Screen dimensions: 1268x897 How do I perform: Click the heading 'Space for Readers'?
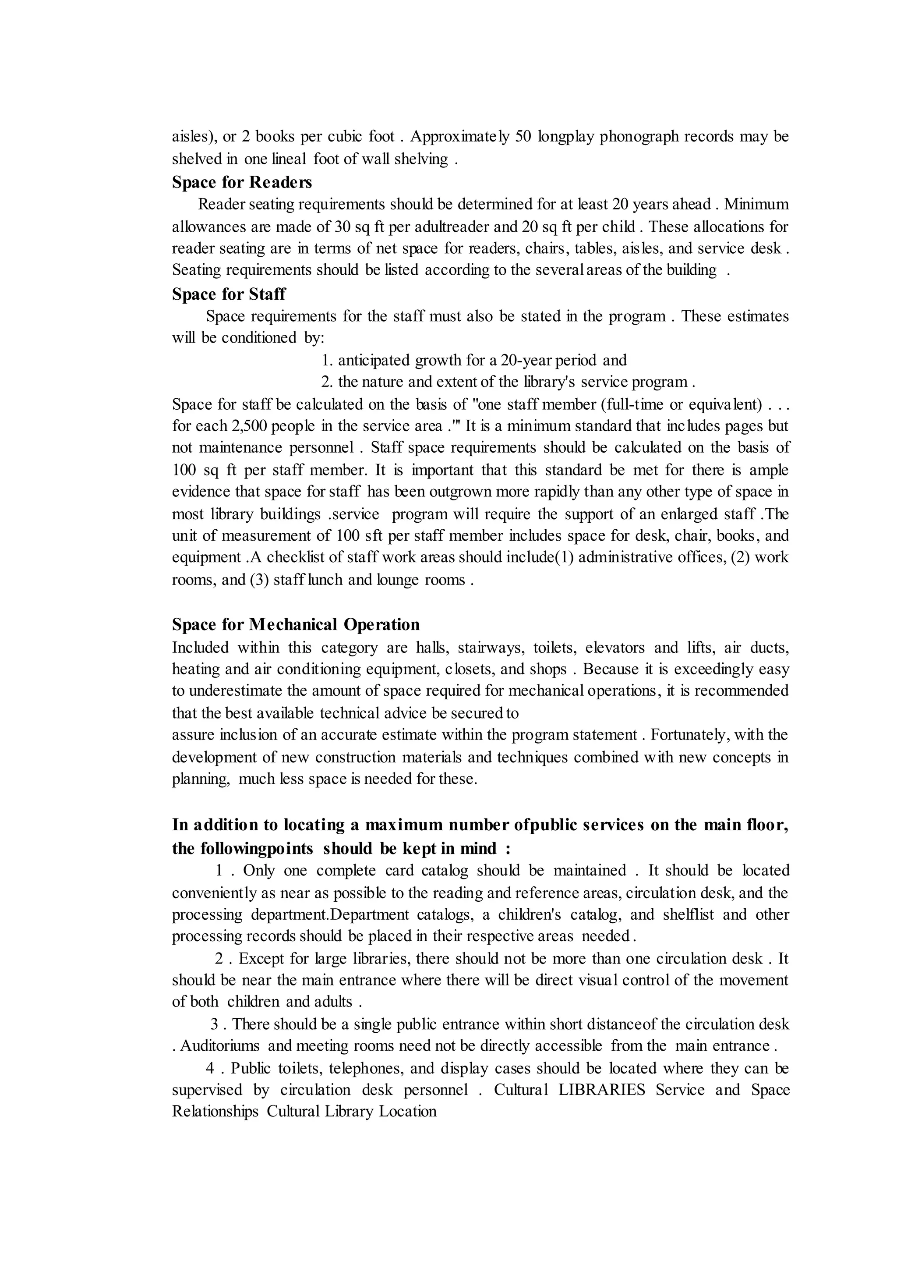241,182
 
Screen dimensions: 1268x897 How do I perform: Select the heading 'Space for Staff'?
229,294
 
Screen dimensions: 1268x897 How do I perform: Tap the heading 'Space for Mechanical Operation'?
296,624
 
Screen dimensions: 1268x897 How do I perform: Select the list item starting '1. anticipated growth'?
474,360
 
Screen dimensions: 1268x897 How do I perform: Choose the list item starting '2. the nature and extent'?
504,382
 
